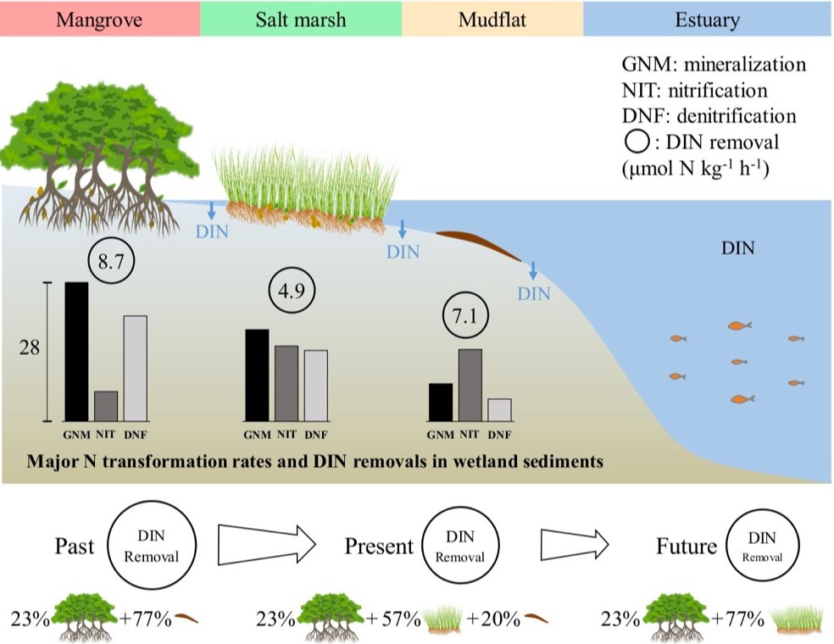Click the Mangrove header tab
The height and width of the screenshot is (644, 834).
pos(100,19)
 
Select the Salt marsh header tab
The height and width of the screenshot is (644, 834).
pos(301,19)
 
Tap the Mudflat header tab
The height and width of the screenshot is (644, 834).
pos(492,19)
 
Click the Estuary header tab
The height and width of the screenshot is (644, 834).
pos(708,19)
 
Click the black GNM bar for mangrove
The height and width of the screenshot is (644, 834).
pos(76,351)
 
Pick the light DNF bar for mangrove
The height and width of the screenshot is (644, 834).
pos(135,368)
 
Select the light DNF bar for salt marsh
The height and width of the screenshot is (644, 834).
pos(315,386)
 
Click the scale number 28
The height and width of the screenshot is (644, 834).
pos(30,349)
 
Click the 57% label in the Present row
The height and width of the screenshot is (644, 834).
pos(399,618)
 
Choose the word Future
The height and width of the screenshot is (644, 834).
pos(687,547)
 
